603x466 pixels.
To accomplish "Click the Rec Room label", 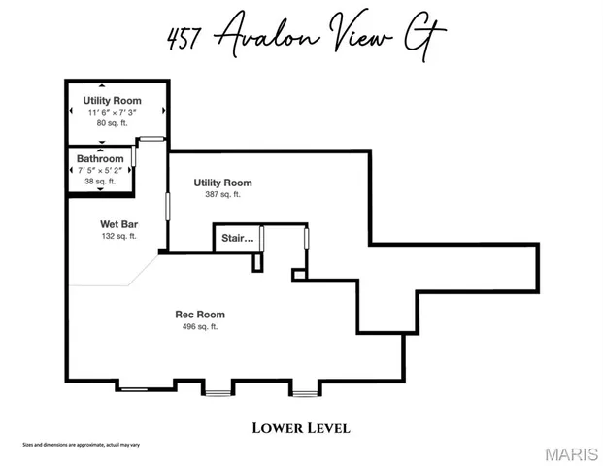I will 200,315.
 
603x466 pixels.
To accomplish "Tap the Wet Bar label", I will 118,224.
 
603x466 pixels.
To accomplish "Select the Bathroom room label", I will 101,158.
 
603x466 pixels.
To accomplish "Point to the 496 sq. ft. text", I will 200,327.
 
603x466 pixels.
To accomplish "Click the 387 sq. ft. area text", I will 222,195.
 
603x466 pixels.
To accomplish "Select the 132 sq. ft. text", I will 118,236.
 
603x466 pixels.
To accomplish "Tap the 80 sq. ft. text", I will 113,123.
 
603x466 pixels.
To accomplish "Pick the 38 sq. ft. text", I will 100,182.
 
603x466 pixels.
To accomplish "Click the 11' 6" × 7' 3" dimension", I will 113,112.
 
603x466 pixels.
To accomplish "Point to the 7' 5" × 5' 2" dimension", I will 100,170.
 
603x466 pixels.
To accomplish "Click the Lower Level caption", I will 301,427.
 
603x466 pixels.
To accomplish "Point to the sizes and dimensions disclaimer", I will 82,445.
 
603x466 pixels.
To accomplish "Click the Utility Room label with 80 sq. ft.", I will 113,100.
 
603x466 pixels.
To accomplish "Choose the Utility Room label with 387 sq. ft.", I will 222,183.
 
